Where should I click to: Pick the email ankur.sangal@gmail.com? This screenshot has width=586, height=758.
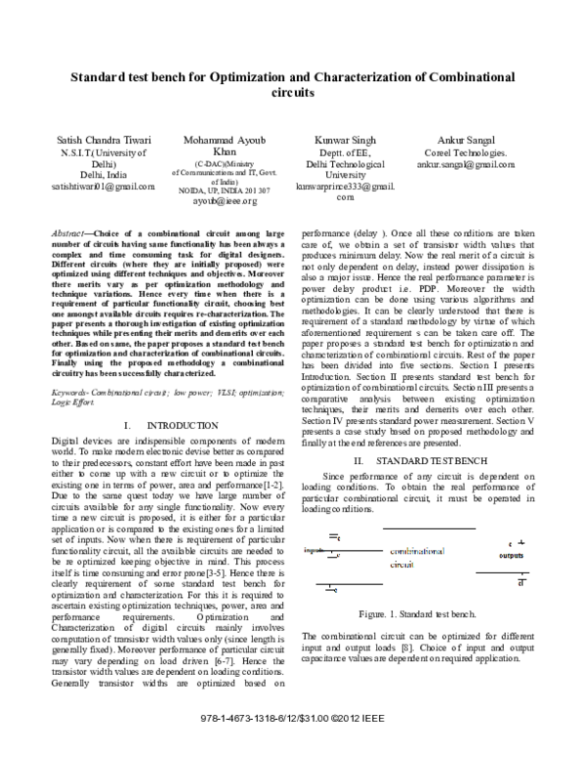(x=466, y=165)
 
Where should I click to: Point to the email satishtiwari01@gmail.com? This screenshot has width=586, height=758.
(x=103, y=186)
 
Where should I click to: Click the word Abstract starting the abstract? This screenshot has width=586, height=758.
(x=67, y=234)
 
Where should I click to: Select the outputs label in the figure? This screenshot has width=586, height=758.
(x=512, y=555)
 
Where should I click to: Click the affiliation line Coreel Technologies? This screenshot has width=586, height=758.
(x=466, y=153)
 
